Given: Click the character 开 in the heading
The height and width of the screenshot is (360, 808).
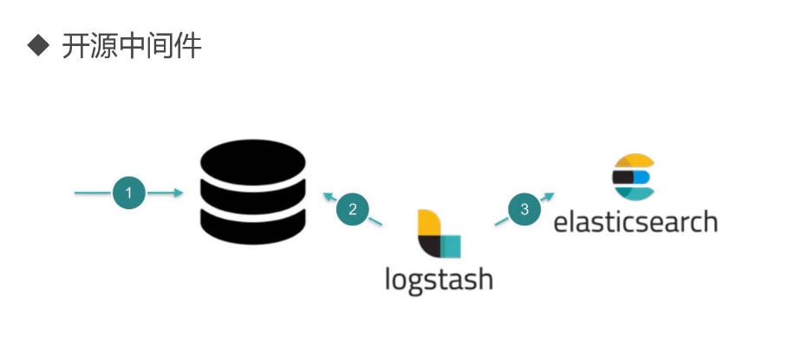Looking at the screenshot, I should pyautogui.click(x=76, y=47).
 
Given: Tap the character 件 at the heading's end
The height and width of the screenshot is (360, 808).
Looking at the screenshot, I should pyautogui.click(x=188, y=47).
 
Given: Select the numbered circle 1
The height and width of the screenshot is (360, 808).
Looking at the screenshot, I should pyautogui.click(x=128, y=193).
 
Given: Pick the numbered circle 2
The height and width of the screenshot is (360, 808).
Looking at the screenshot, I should pyautogui.click(x=353, y=209).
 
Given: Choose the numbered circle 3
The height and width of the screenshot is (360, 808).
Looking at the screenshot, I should pyautogui.click(x=524, y=209).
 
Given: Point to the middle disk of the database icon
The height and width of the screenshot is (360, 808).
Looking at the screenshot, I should pyautogui.click(x=252, y=193).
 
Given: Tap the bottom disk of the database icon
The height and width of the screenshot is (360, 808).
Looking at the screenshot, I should pyautogui.click(x=252, y=225).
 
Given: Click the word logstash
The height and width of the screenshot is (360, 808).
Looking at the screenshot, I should pyautogui.click(x=439, y=279).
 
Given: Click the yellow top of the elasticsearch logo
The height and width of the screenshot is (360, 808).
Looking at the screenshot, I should pyautogui.click(x=633, y=162).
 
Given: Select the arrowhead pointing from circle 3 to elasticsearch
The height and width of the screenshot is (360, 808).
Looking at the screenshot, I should pyautogui.click(x=549, y=197).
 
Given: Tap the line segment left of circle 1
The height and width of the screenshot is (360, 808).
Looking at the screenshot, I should pyautogui.click(x=92, y=193).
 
